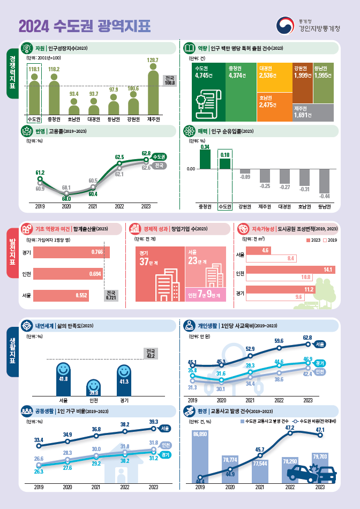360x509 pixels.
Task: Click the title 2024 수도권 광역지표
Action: [85, 25]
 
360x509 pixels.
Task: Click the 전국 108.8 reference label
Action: [170, 80]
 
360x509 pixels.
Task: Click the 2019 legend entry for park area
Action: [329, 239]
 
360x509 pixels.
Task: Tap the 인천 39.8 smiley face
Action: [93, 386]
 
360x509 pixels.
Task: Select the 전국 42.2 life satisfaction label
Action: [151, 353]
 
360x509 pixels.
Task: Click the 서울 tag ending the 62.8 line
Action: [320, 343]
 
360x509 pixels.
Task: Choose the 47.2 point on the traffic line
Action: [291, 433]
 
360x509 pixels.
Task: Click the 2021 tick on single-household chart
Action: [96, 488]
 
